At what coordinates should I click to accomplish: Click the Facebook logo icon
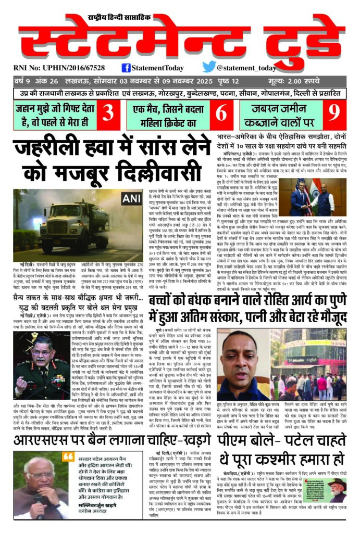point(126,67)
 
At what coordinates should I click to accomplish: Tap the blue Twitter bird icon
point(209,67)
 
